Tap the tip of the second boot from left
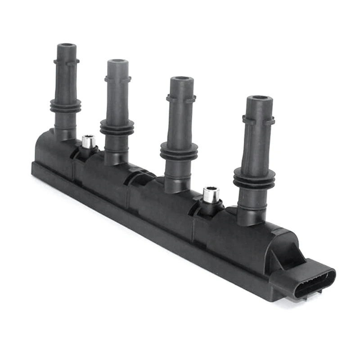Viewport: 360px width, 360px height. pyautogui.click(x=117, y=62)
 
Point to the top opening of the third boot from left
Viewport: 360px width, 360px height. pyautogui.click(x=182, y=79)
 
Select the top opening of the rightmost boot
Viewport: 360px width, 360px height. pyautogui.click(x=259, y=98)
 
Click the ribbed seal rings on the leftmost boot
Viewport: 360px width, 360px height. pyautogui.click(x=66, y=106)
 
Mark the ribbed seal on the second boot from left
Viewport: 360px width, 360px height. pyautogui.click(x=117, y=127)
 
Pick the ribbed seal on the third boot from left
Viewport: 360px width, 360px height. pyautogui.click(x=179, y=151)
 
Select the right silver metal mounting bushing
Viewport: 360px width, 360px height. pyautogui.click(x=211, y=194)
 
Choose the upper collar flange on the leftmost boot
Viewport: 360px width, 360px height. pyautogui.click(x=66, y=61)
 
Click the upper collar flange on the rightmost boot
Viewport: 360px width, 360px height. pyautogui.click(x=258, y=120)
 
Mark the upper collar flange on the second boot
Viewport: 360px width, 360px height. pyautogui.click(x=117, y=79)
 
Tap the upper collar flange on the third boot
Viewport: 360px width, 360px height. pyautogui.click(x=181, y=98)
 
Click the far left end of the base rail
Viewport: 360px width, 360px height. pyautogui.click(x=34, y=168)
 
